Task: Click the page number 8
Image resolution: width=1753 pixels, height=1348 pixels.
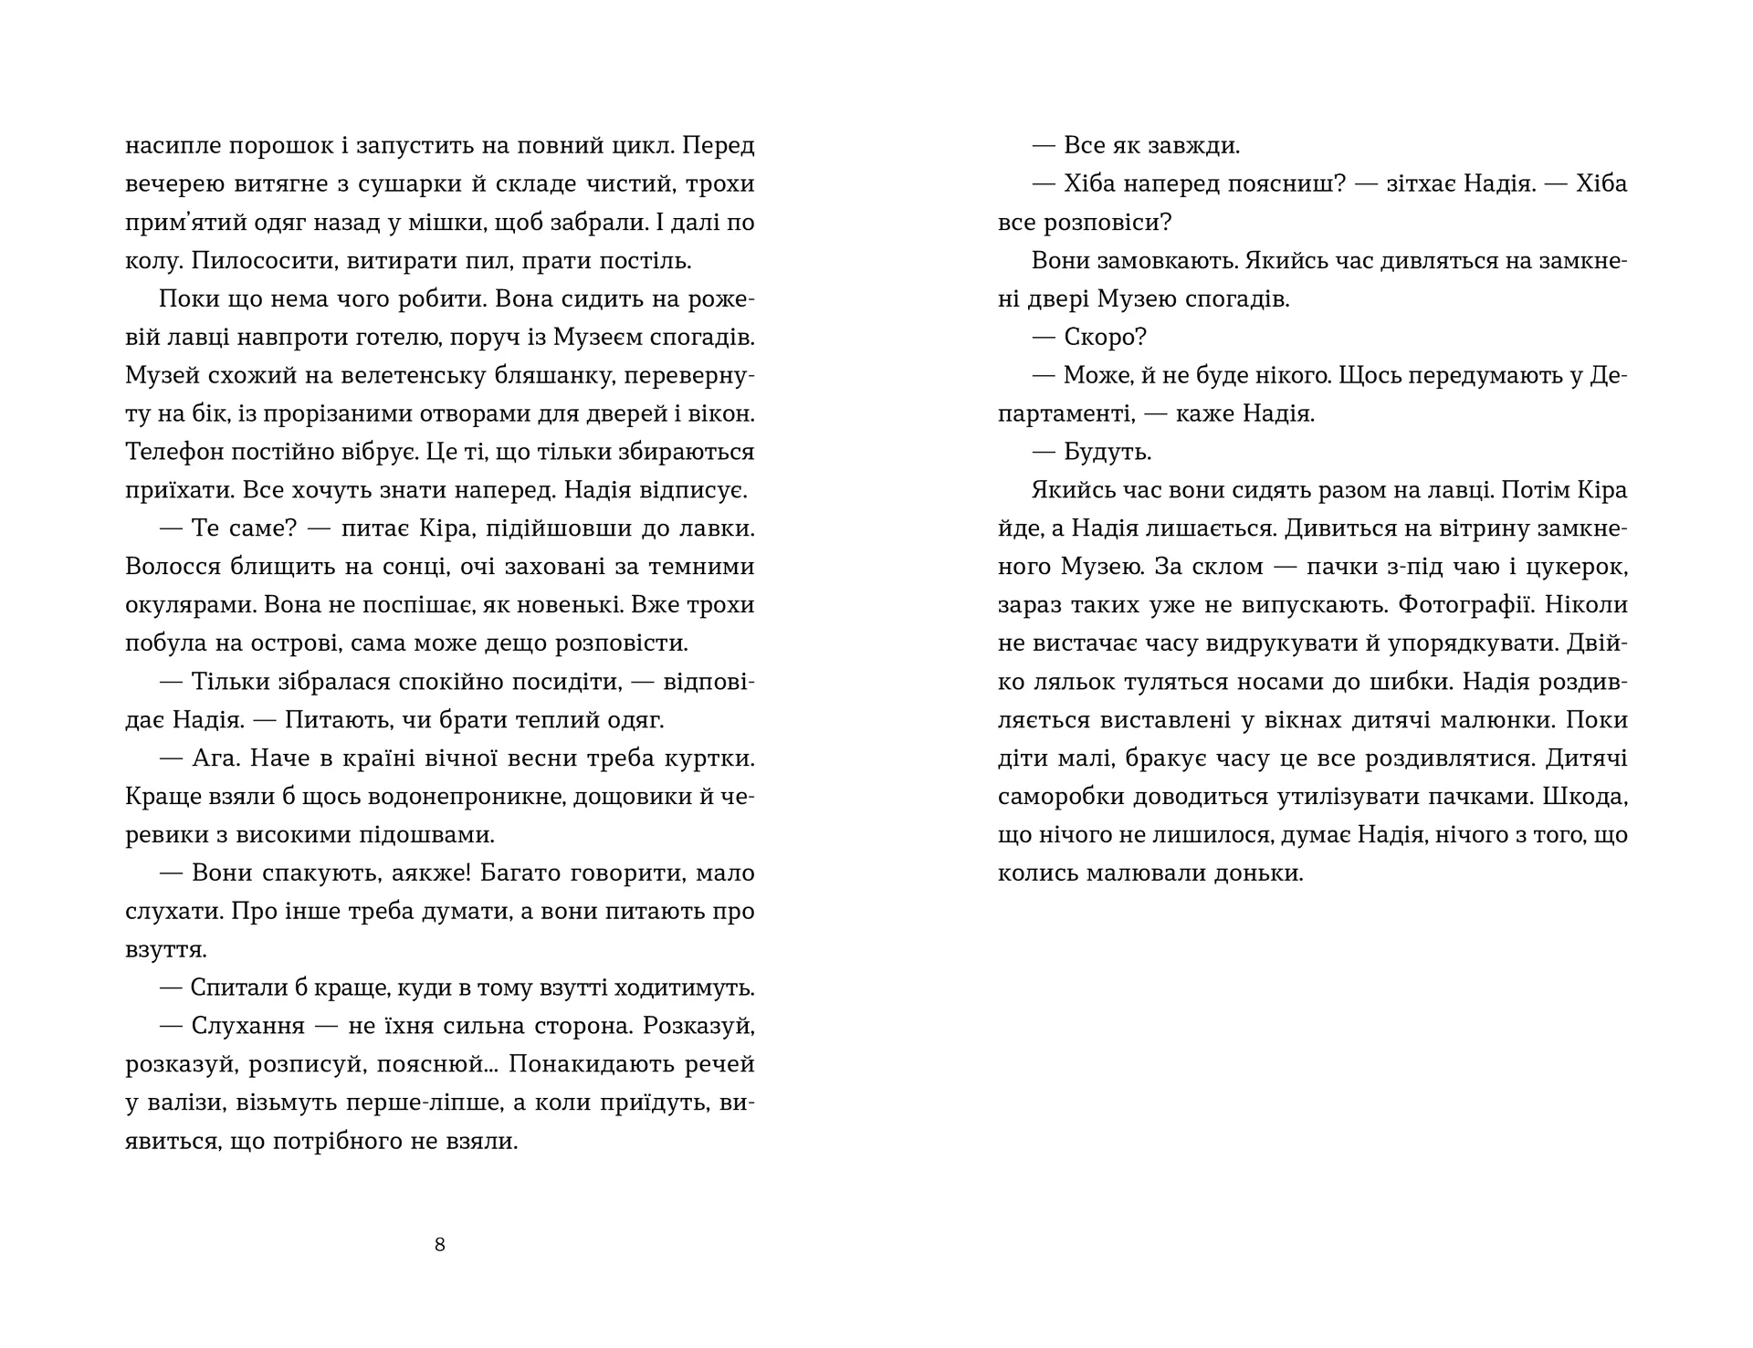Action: click(x=440, y=1245)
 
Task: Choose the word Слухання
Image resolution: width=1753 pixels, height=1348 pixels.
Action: click(x=247, y=1027)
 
